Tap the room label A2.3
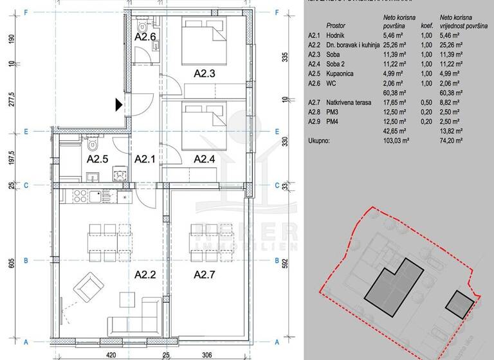(x=205, y=73)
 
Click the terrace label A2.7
(x=205, y=274)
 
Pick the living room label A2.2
(x=145, y=274)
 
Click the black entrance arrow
(x=119, y=105)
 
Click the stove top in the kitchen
(x=83, y=195)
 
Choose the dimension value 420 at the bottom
(x=111, y=354)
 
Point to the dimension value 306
(x=206, y=354)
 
